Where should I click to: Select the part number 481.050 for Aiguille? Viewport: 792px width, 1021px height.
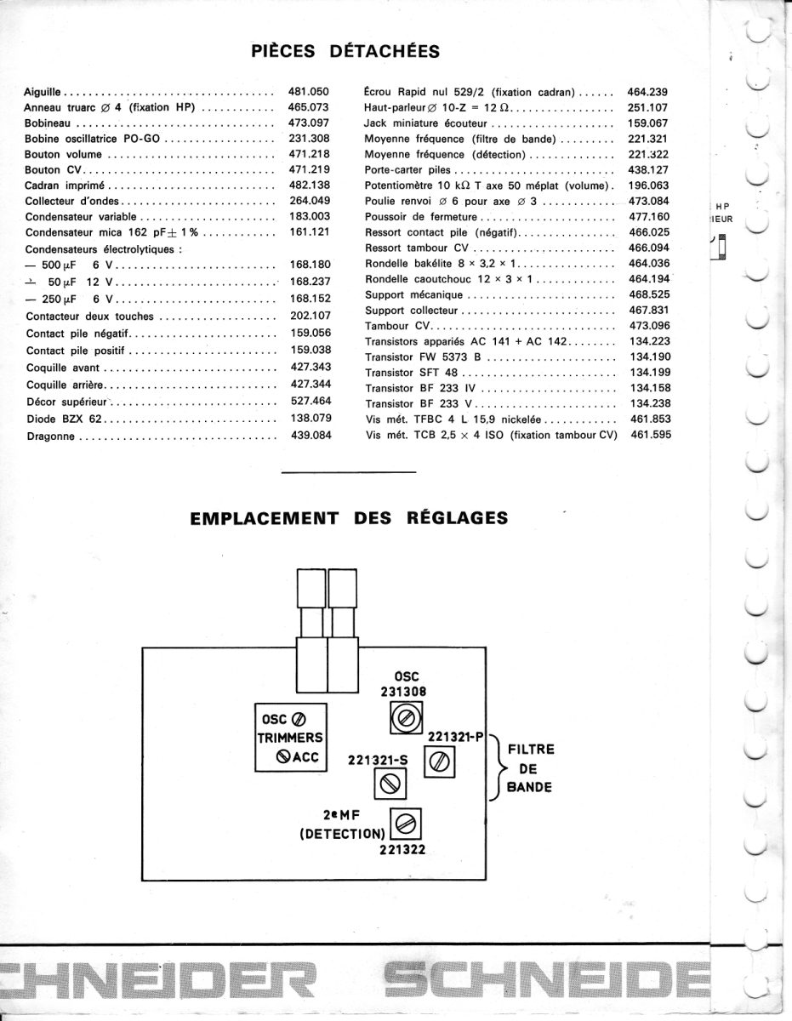pyautogui.click(x=309, y=90)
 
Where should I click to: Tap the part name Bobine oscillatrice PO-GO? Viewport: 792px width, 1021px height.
pyautogui.click(x=93, y=138)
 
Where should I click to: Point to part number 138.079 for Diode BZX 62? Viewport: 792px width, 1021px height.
pyautogui.click(x=310, y=419)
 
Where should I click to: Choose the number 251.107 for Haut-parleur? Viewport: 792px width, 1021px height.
pyautogui.click(x=647, y=108)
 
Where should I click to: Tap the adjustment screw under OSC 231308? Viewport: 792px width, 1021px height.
pyautogui.click(x=400, y=722)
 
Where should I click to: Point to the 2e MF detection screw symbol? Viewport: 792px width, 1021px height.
pyautogui.click(x=407, y=823)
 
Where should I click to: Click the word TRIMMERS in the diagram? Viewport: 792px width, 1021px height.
pyautogui.click(x=289, y=739)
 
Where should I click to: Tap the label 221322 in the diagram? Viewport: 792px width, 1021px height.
pyautogui.click(x=402, y=848)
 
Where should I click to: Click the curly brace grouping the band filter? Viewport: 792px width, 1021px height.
pyautogui.click(x=495, y=767)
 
